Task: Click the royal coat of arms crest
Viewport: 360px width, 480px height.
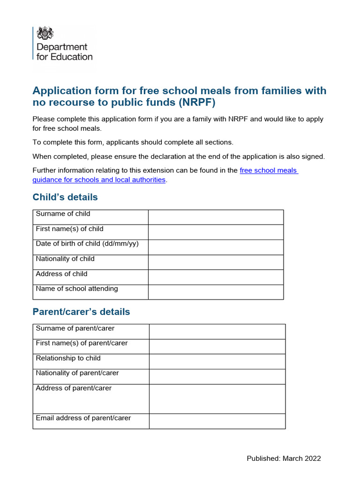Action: click(x=45, y=33)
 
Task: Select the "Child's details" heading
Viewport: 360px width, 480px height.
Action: click(x=65, y=197)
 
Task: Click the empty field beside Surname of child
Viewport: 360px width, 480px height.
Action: click(x=216, y=217)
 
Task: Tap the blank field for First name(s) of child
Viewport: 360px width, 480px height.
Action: click(x=216, y=232)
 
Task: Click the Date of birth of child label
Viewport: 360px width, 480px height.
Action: click(x=87, y=244)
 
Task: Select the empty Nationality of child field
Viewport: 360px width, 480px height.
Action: click(x=216, y=262)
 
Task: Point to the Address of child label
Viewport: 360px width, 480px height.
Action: click(x=61, y=274)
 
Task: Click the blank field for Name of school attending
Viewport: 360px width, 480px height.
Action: click(x=216, y=292)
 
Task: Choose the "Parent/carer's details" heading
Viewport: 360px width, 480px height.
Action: click(x=81, y=312)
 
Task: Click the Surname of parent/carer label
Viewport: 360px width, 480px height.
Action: click(x=75, y=328)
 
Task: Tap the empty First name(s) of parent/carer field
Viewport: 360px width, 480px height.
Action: click(x=217, y=346)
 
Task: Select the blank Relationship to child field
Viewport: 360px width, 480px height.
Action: click(x=217, y=361)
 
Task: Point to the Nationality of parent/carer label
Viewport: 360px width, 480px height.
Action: click(x=77, y=373)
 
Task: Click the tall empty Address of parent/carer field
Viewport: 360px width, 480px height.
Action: click(x=217, y=399)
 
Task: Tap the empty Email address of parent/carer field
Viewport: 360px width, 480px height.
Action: click(x=217, y=421)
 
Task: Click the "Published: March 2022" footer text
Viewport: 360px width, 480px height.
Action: click(x=284, y=458)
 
